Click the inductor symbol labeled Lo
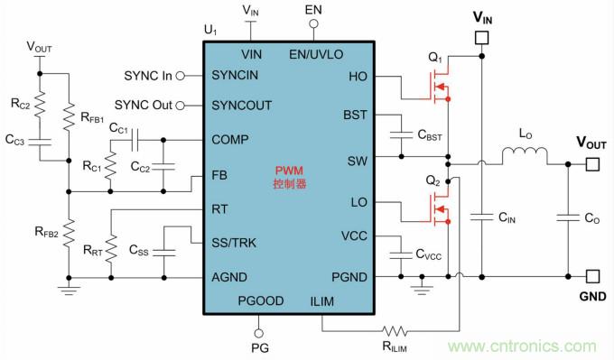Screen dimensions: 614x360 tap(525, 153)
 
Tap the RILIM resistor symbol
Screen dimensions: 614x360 tap(395, 331)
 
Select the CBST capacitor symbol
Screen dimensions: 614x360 tap(401, 135)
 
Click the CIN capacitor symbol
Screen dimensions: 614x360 tap(481, 217)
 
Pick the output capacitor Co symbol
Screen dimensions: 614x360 tap(568, 217)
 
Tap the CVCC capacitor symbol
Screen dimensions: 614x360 tap(401, 254)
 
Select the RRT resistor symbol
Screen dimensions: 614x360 tap(111, 248)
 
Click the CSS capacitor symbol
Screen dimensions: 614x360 tap(164, 252)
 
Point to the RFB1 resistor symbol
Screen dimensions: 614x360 tap(69, 116)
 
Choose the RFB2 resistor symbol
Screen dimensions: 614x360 tap(69, 233)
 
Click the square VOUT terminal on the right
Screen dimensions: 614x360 tap(592, 164)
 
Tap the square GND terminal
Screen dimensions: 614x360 tap(592, 277)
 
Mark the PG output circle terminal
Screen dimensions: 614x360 tap(258, 334)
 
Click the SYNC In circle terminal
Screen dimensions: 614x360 tap(180, 76)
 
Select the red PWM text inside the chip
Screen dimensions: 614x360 tap(289, 171)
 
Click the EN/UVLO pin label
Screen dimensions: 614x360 tap(316, 54)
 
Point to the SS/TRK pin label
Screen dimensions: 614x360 tap(234, 243)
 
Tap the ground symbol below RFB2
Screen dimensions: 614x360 tap(69, 291)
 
